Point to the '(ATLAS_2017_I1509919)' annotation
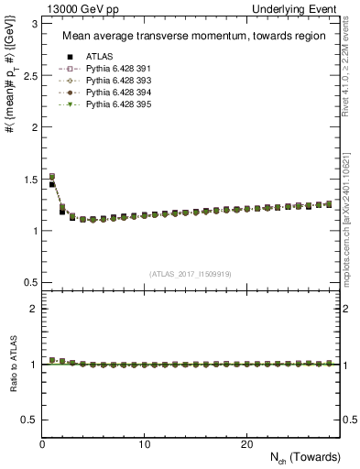click(x=191, y=273)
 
